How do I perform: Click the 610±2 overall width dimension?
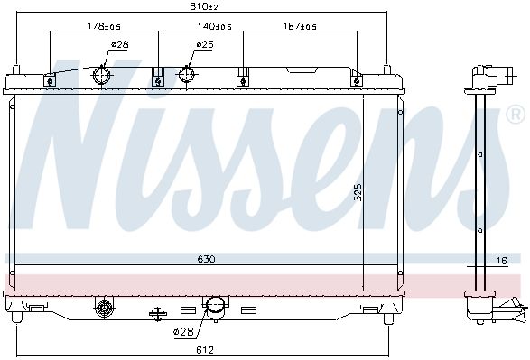pos(203,5)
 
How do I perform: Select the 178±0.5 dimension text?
pos(104,26)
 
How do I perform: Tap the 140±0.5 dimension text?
pos(214,26)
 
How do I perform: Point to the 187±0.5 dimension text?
pos(300,26)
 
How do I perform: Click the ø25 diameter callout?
pos(205,44)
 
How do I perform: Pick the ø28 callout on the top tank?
pos(120,44)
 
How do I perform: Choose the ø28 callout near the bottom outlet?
pos(183,332)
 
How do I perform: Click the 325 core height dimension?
pos(358,192)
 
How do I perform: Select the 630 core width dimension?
pos(206,259)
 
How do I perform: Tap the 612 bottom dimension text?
pos(205,350)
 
